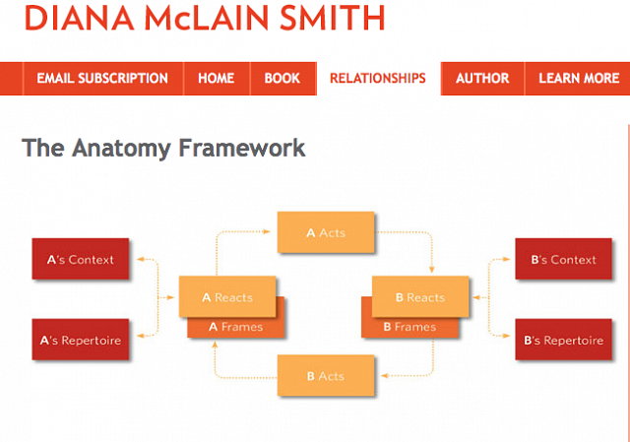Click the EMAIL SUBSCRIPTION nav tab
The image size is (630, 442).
point(102,79)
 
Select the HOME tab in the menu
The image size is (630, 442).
point(217,79)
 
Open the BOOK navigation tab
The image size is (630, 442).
point(283,79)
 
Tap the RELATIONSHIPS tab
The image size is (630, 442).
point(378,79)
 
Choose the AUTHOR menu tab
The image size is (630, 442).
point(482,79)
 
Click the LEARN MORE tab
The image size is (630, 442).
point(579,79)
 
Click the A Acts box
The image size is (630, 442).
point(326,233)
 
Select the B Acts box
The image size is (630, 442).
point(326,376)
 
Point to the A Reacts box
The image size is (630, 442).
point(227,297)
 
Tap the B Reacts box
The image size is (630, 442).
point(420,297)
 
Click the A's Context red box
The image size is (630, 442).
point(81,260)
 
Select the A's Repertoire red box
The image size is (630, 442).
point(81,341)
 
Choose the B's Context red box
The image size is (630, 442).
point(564,260)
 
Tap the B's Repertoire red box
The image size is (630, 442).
point(564,341)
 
